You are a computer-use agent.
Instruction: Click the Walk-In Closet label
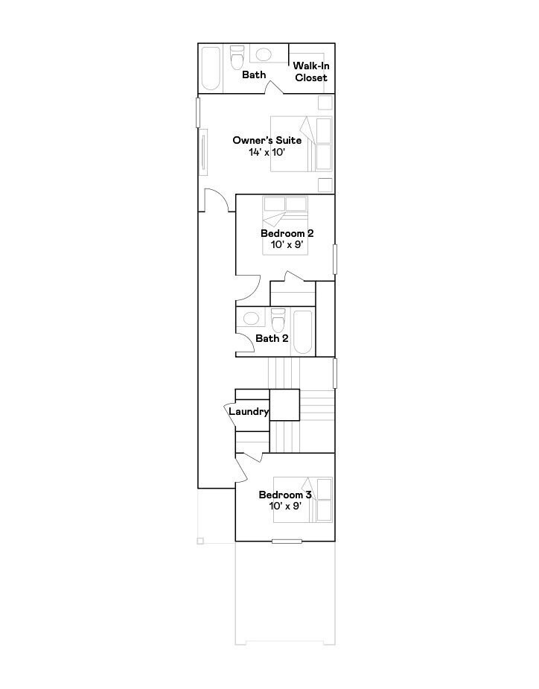(x=310, y=72)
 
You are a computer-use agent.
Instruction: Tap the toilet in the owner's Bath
(x=237, y=57)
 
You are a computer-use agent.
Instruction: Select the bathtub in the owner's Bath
(x=211, y=69)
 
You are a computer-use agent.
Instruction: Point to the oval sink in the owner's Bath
(x=264, y=54)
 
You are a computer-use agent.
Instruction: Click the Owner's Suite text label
(x=267, y=140)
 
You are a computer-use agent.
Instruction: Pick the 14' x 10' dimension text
(x=267, y=152)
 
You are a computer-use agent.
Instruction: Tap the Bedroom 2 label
(x=286, y=233)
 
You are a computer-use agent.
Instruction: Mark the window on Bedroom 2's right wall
(x=335, y=258)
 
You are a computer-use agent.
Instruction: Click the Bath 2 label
(x=272, y=338)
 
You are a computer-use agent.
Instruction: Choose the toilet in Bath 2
(x=278, y=320)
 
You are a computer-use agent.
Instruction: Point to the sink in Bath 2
(x=252, y=319)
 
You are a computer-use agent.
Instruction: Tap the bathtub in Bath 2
(x=303, y=332)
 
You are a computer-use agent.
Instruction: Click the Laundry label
(x=248, y=411)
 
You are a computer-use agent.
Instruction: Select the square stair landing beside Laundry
(x=284, y=404)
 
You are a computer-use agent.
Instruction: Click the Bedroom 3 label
(x=284, y=495)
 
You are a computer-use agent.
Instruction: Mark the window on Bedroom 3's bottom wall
(x=287, y=541)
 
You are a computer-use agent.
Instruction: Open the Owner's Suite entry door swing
(x=216, y=200)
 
